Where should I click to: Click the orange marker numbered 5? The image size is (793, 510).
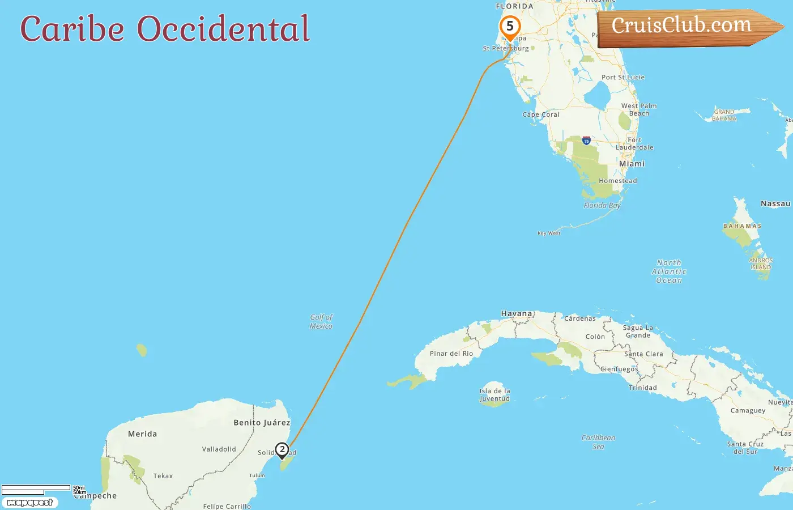pyautogui.click(x=510, y=27)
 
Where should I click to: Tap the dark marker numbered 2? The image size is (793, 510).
pyautogui.click(x=282, y=450)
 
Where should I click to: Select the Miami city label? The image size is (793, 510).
pyautogui.click(x=632, y=164)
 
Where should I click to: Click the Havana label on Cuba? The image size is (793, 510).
pyautogui.click(x=517, y=313)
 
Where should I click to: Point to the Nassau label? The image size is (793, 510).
pyautogui.click(x=775, y=204)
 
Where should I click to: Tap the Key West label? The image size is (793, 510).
pyautogui.click(x=549, y=233)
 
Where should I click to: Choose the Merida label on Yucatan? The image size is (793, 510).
pyautogui.click(x=142, y=434)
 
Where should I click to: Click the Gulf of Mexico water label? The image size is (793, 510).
pyautogui.click(x=321, y=322)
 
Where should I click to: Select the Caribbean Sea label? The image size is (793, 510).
pyautogui.click(x=598, y=442)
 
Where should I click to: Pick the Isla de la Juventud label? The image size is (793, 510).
pyautogui.click(x=494, y=395)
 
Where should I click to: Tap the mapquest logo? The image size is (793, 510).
pyautogui.click(x=29, y=503)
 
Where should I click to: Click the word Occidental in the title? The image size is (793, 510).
pyautogui.click(x=224, y=29)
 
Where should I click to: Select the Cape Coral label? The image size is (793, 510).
pyautogui.click(x=541, y=114)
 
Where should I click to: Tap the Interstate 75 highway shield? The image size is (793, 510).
pyautogui.click(x=586, y=141)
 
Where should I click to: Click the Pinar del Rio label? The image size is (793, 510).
pyautogui.click(x=451, y=354)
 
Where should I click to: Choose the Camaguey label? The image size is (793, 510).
pyautogui.click(x=748, y=411)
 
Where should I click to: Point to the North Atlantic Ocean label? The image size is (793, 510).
pyautogui.click(x=669, y=271)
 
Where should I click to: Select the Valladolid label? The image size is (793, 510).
pyautogui.click(x=219, y=449)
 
